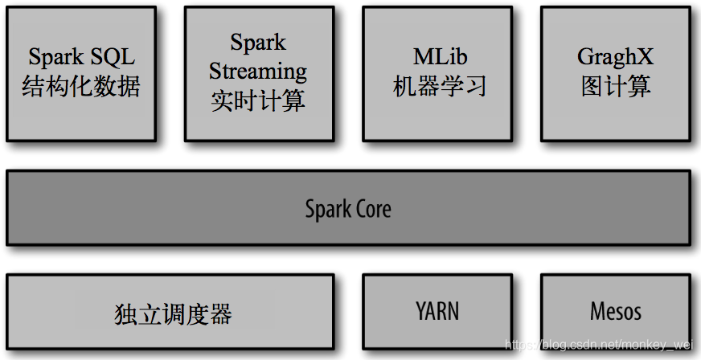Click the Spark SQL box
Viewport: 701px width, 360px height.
pos(80,73)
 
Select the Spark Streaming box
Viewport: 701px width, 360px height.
pos(258,73)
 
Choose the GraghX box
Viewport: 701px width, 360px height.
pos(615,73)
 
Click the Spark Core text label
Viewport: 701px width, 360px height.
pos(348,209)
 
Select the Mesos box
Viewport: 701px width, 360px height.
pos(615,312)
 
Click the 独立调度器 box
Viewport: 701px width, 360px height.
pos(170,312)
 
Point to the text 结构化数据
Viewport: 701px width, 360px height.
pos(80,87)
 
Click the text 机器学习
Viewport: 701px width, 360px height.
pos(439,87)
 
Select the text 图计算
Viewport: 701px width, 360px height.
pos(616,87)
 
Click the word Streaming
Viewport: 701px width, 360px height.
pos(258,72)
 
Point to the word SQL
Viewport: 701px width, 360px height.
pos(113,57)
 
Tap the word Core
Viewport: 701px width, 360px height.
pos(373,209)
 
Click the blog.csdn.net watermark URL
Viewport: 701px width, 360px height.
pos(599,346)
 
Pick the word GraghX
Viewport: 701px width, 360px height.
pos(616,57)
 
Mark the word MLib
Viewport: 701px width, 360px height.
pos(440,57)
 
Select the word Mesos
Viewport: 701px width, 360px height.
pos(616,311)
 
